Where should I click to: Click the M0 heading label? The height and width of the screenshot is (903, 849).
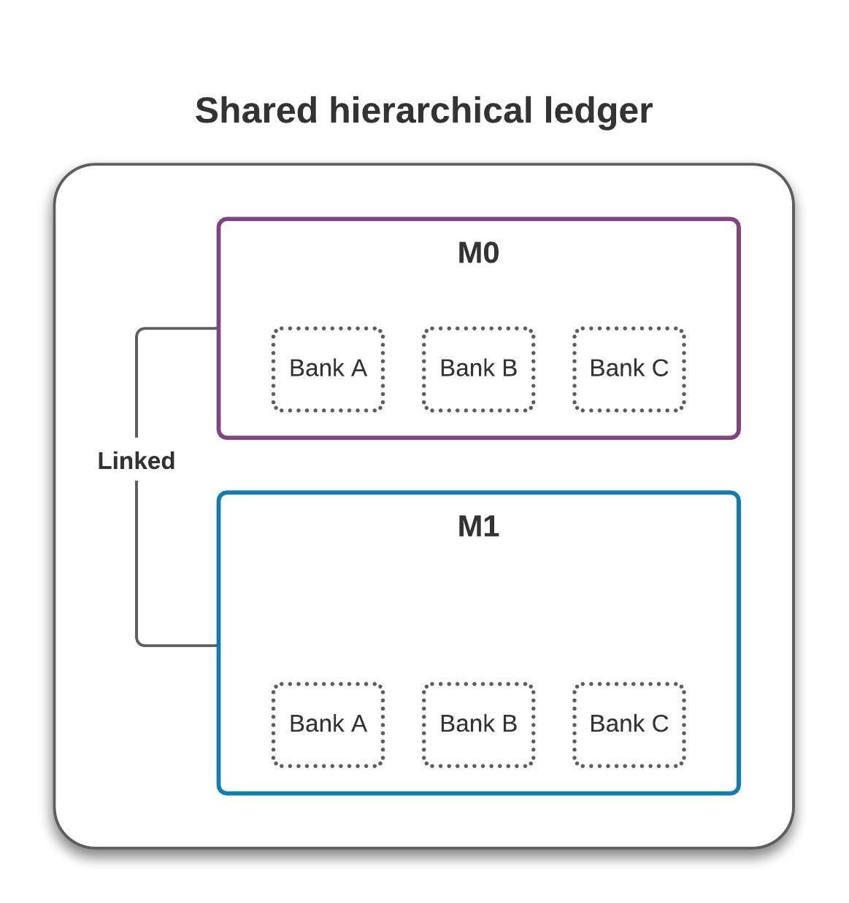(x=478, y=253)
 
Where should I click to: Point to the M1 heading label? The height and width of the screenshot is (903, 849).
(x=478, y=527)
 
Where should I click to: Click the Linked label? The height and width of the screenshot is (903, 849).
(x=137, y=461)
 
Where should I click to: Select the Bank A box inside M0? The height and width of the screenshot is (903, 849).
(x=328, y=369)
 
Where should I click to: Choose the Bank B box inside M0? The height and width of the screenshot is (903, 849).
(x=478, y=369)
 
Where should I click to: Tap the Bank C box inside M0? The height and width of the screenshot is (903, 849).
(x=629, y=369)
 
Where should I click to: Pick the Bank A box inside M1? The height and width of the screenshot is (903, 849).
(x=328, y=724)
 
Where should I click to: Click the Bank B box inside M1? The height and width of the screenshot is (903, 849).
(x=478, y=724)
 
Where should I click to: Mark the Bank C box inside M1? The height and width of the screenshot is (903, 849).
(x=629, y=724)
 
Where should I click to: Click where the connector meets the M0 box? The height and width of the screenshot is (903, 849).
(x=218, y=328)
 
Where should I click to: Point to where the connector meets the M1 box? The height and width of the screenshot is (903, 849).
(x=218, y=645)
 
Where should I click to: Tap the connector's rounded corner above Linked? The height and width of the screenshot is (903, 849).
(x=139, y=330)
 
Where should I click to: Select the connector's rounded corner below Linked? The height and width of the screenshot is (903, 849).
(x=139, y=643)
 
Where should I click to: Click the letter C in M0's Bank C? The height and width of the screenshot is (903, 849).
(x=660, y=368)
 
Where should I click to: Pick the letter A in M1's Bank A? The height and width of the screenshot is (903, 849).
(x=358, y=724)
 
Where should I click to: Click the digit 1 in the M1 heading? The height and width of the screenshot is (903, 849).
(x=491, y=527)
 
